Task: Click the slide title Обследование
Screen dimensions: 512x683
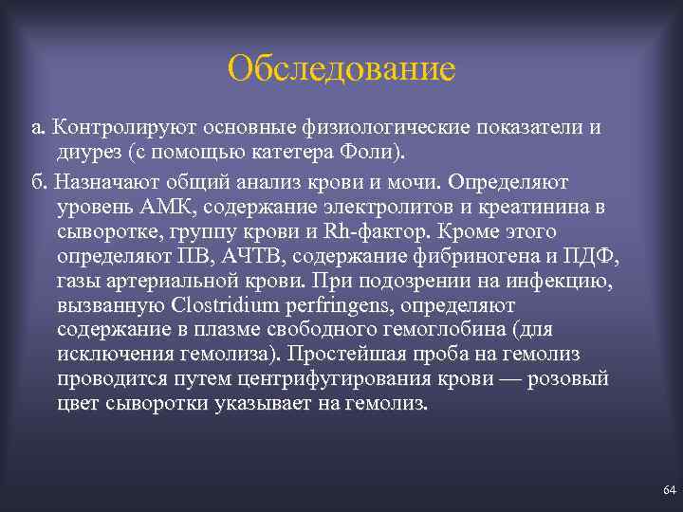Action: pos(341,68)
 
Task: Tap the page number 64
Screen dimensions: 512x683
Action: pos(669,489)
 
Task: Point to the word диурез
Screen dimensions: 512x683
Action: pos(88,152)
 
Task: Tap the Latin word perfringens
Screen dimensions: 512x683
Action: pos(313,305)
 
